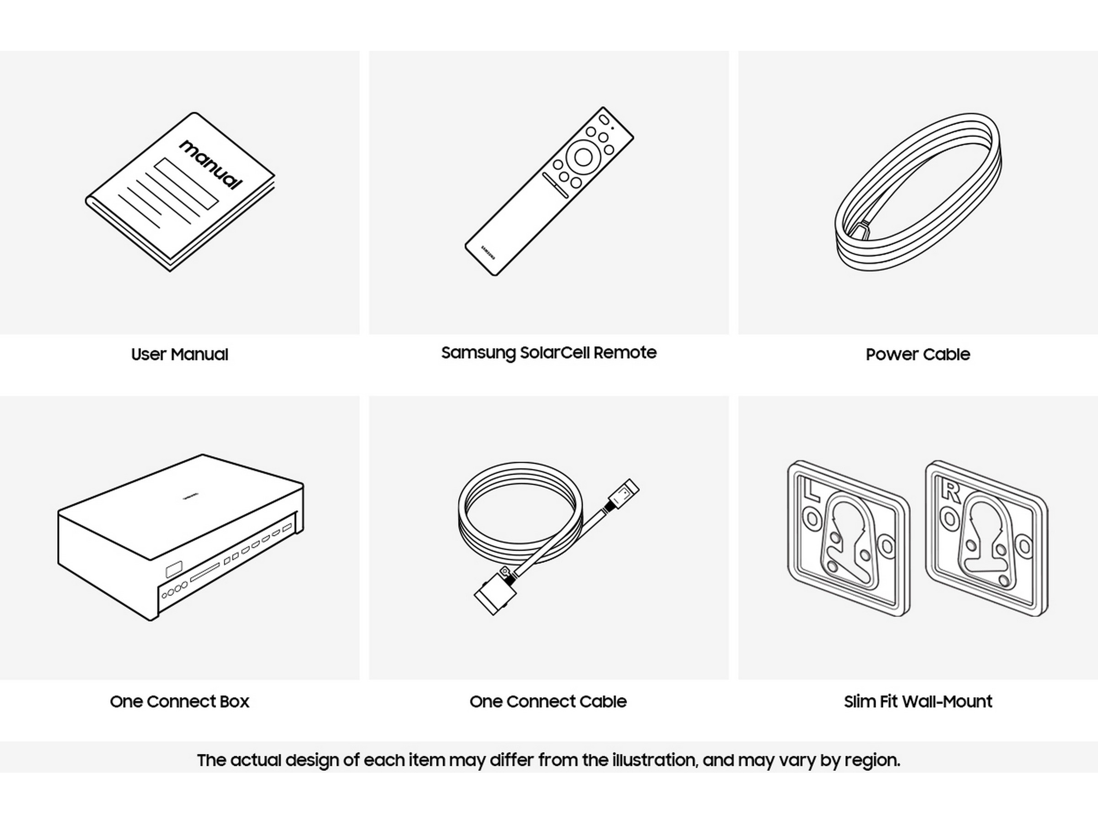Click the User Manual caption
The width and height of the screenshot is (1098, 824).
point(180,355)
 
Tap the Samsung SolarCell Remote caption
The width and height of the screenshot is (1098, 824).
point(549,353)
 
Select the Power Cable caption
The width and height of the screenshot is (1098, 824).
point(918,355)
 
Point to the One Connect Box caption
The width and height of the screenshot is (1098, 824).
point(180,701)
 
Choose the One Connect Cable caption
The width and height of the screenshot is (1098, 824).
point(548,701)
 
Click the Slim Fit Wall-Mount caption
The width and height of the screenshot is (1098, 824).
point(918,701)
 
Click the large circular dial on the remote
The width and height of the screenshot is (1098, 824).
point(582,157)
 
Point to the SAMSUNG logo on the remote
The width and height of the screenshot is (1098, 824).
point(488,252)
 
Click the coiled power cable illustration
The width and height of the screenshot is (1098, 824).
point(918,192)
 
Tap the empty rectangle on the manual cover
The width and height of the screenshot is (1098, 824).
point(186,183)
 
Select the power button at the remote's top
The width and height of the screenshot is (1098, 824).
point(603,119)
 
